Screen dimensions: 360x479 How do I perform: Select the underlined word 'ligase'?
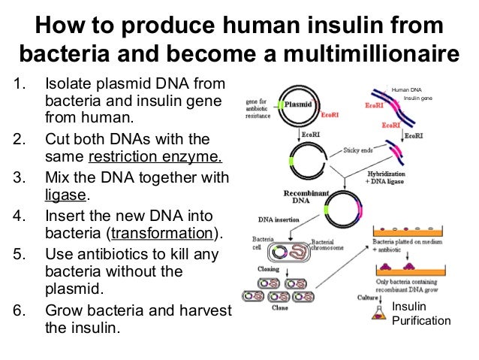tap(66, 195)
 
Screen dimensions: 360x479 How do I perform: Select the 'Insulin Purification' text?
tap(420, 314)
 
